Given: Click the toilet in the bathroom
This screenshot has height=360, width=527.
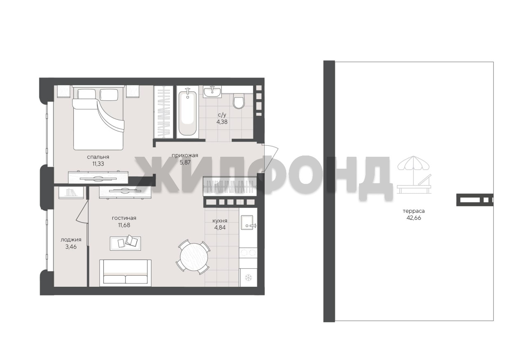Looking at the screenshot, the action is click(x=239, y=101).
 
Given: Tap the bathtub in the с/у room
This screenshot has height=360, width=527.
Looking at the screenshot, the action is click(x=187, y=113).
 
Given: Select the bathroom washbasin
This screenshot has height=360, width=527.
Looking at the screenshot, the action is click(x=212, y=91).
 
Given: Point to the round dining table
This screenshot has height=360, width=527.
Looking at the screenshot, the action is click(x=194, y=257).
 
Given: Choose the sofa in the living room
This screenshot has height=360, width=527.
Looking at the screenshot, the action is click(x=125, y=273).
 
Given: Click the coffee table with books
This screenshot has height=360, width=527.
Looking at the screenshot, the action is click(x=126, y=244).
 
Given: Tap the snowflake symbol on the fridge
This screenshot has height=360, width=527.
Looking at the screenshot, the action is click(x=248, y=277).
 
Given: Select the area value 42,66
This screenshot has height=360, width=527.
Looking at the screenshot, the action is click(x=414, y=218).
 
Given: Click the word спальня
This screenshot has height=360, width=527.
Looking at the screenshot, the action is click(x=98, y=157).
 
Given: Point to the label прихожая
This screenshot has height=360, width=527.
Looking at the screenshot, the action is click(x=185, y=155).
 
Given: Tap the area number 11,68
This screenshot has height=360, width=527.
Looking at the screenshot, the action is click(x=124, y=225).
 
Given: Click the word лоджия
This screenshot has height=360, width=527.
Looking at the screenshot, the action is click(x=71, y=240).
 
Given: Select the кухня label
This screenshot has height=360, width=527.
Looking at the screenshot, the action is click(x=220, y=221).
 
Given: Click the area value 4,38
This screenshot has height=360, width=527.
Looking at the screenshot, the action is click(x=222, y=122).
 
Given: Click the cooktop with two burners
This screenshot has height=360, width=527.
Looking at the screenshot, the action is click(x=248, y=253).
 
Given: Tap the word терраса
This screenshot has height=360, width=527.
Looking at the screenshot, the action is click(x=414, y=211).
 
